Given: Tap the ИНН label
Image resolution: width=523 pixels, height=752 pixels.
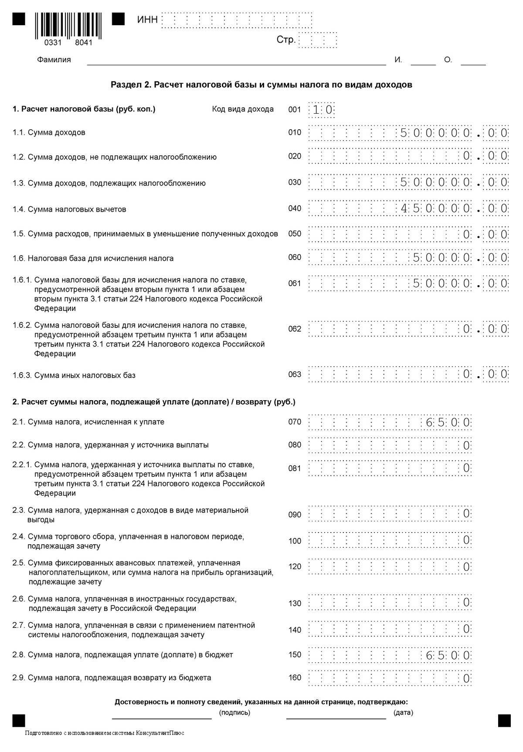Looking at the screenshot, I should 147,20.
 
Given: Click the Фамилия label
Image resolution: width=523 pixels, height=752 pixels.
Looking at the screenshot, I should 54,60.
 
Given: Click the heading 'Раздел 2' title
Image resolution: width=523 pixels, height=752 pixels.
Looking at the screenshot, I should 261,84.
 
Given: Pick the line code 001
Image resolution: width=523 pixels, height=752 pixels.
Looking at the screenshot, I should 295,109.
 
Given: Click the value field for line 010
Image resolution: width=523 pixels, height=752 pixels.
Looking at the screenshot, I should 408,133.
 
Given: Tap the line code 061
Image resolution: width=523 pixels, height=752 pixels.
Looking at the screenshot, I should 295,283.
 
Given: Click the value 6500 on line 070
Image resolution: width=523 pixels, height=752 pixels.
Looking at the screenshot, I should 448,422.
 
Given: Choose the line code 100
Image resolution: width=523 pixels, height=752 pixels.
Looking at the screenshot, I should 295,541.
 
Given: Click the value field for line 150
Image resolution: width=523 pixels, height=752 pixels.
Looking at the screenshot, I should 390,655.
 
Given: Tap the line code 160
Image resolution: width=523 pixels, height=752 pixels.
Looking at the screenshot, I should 295,678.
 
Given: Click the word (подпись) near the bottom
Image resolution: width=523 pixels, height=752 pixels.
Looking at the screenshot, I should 234,713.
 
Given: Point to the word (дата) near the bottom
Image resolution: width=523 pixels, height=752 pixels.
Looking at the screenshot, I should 403,713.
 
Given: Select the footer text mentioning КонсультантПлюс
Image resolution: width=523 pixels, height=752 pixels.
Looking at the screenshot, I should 105,733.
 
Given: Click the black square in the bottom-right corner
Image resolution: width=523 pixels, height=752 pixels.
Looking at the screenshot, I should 504,721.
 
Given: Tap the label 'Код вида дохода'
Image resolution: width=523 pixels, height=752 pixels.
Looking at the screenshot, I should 243,109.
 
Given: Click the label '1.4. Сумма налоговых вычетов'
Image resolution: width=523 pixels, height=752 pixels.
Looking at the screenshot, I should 69,209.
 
